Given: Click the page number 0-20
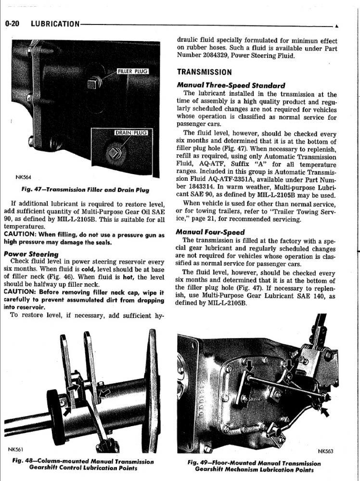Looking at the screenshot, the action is click(x=12, y=24).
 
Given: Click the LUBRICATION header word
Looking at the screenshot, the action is click(x=55, y=24).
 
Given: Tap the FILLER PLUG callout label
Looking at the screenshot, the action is click(x=132, y=72).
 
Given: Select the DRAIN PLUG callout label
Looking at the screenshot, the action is click(x=131, y=133).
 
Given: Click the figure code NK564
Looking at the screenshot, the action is click(x=23, y=177).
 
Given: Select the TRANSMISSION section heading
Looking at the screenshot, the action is click(x=205, y=73).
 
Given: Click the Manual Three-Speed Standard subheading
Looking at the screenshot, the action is click(x=231, y=86).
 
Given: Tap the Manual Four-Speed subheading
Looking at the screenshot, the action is click(x=210, y=232).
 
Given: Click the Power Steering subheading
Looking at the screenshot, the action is click(x=31, y=254).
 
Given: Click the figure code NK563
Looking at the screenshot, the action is click(x=325, y=451).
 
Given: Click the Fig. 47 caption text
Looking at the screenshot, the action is click(x=85, y=190).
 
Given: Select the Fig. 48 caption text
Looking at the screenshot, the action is click(x=83, y=465).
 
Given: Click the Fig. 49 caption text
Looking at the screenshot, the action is click(x=254, y=466).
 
